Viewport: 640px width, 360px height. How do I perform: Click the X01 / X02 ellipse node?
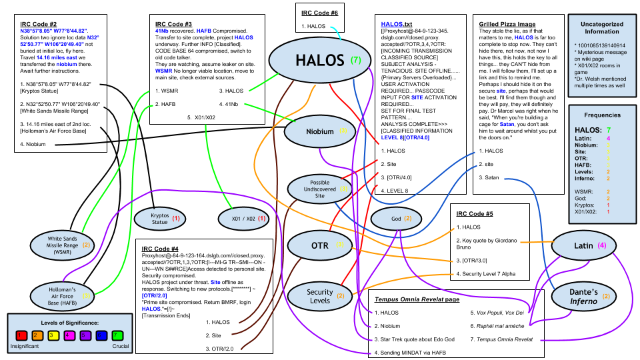point(244,218)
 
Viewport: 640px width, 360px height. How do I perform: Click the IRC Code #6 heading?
point(320,11)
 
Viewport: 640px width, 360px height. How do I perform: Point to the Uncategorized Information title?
point(598,27)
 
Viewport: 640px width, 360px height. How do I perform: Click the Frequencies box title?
point(597,115)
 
